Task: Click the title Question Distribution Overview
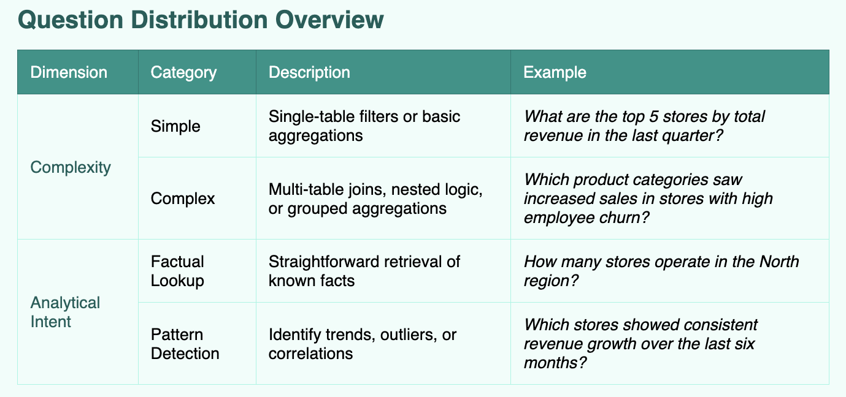coord(201,20)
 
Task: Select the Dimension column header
coord(69,72)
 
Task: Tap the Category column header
coord(183,73)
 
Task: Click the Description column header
coord(309,72)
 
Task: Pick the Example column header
coord(555,72)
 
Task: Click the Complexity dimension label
coord(71,167)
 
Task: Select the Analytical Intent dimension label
coord(65,312)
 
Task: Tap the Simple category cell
coord(175,126)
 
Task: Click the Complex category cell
coord(183,198)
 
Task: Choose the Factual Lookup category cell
coord(177,271)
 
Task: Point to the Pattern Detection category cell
coord(185,344)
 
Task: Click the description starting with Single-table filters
coord(364,126)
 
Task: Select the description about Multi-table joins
coord(375,198)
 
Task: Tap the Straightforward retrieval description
coord(364,271)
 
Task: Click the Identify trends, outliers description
coord(362,344)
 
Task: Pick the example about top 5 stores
coord(644,126)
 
